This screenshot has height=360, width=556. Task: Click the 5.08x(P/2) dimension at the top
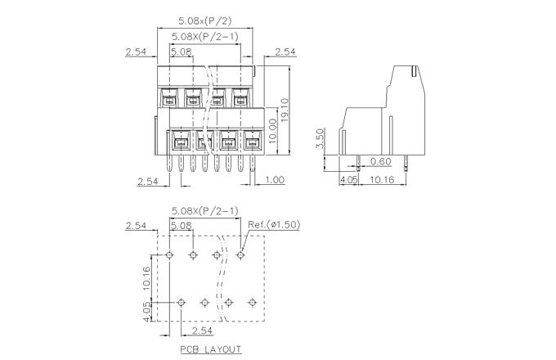[x=204, y=20]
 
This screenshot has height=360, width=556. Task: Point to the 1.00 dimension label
[x=275, y=180]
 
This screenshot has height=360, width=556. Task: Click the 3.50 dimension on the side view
[x=321, y=138]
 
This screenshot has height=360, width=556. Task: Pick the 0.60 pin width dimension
[x=381, y=161]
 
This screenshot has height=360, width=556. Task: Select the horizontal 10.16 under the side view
[x=381, y=180]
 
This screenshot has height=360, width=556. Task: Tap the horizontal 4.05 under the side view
[x=348, y=180]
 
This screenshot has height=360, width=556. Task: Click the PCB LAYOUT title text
[x=211, y=349]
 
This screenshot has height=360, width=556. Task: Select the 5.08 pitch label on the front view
[x=181, y=52]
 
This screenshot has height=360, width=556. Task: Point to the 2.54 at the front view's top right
[x=285, y=52]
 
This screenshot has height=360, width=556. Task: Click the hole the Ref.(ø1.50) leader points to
[x=240, y=255]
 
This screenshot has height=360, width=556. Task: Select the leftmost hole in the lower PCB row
[x=182, y=303]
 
